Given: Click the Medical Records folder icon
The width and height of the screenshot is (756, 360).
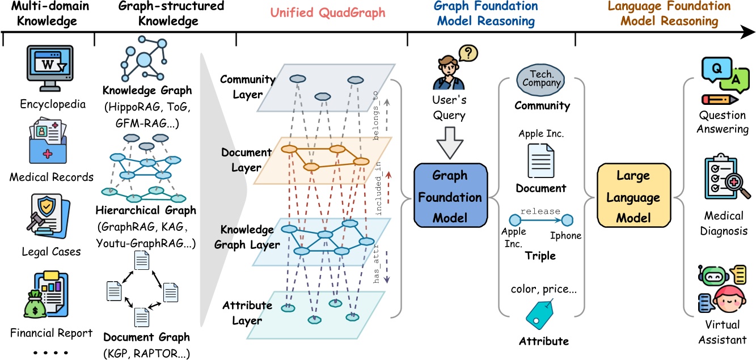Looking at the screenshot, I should click(48, 145).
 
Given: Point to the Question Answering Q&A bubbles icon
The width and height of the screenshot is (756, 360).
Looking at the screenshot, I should click(721, 79).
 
